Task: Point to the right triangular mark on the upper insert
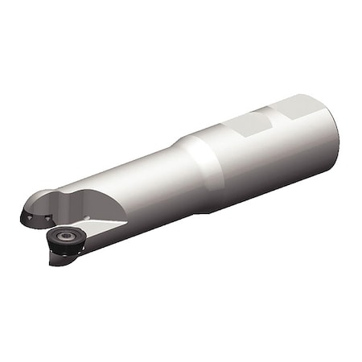coord(47,218)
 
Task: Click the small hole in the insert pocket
coord(84,218)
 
